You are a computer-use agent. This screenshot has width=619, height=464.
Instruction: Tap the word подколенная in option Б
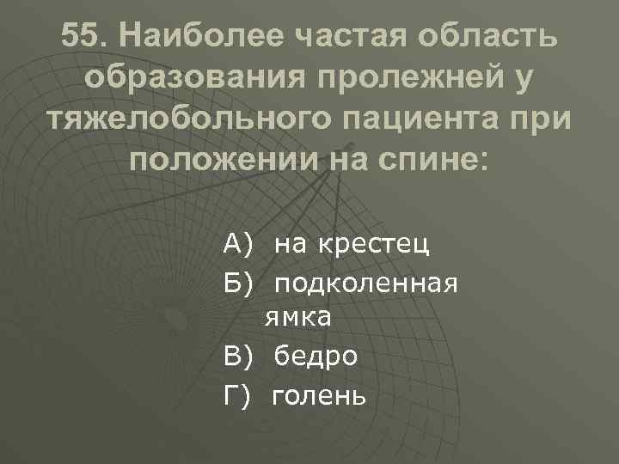(x=367, y=284)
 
